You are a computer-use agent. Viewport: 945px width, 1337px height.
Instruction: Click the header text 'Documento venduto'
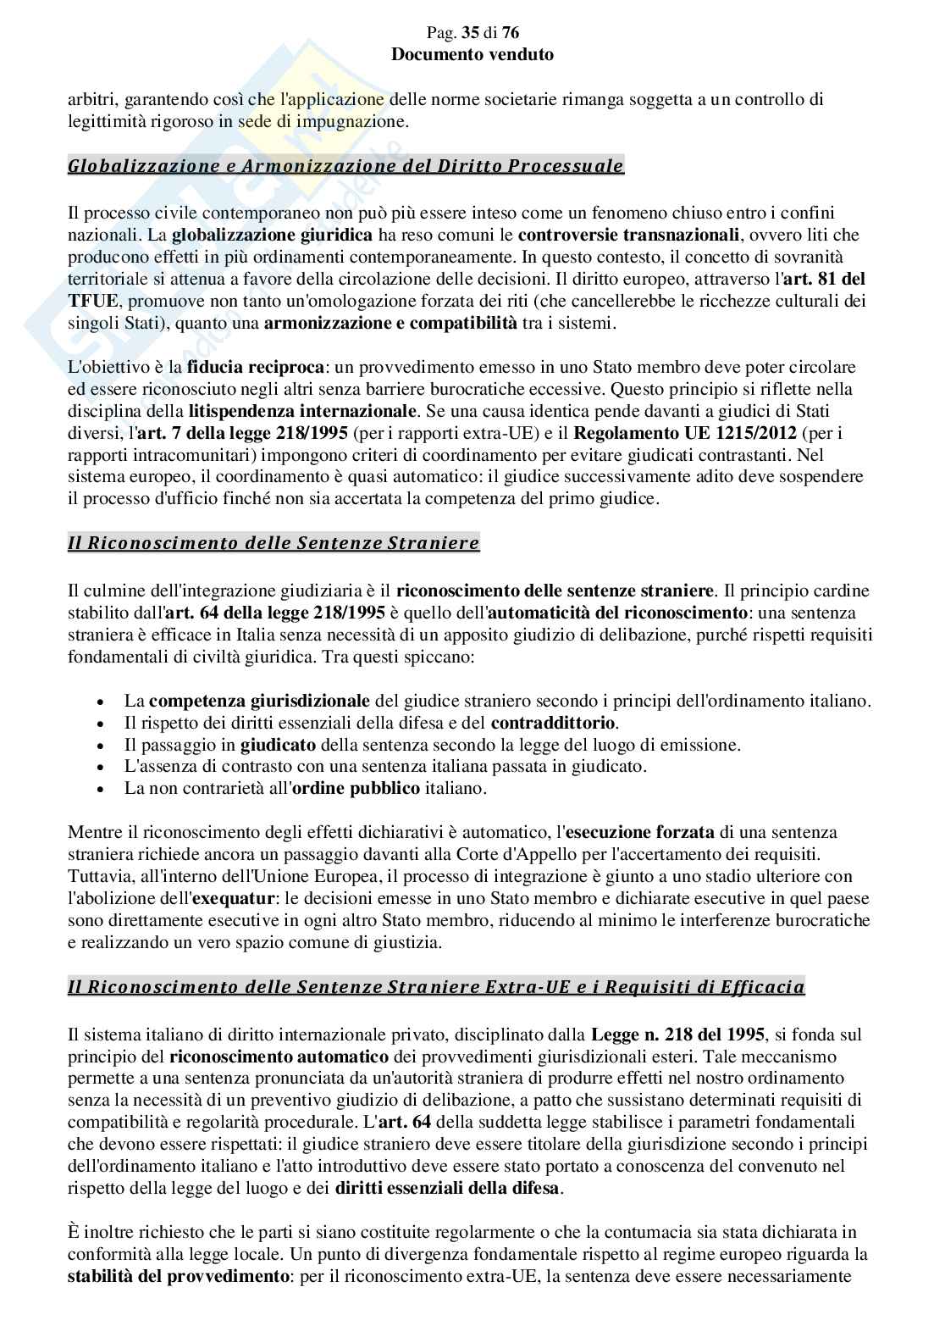pos(472,54)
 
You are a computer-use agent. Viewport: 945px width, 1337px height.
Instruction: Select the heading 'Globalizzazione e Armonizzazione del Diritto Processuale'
pos(345,166)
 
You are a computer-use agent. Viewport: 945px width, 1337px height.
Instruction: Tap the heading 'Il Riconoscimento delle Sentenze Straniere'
pos(274,543)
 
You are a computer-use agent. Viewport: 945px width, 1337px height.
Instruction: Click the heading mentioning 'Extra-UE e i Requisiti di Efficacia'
pos(436,986)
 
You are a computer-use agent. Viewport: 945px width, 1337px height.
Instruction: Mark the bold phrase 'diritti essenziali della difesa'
pos(446,1188)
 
